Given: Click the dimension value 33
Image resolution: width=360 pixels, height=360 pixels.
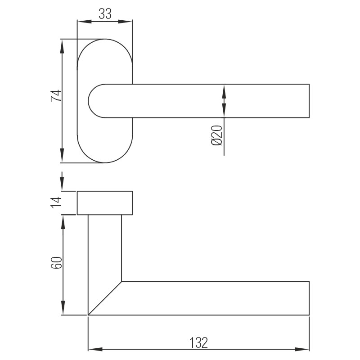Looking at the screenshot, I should click(105, 14).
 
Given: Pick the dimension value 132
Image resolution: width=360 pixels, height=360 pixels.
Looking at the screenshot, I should click(198, 343).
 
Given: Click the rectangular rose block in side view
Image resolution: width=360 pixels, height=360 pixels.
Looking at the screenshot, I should click(105, 203).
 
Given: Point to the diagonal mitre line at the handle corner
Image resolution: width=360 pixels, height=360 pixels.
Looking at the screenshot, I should click(105, 298).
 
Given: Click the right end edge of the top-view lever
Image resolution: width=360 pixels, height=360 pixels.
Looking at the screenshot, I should click(310, 101).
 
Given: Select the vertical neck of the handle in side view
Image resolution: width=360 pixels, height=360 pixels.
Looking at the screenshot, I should click(105, 247).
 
